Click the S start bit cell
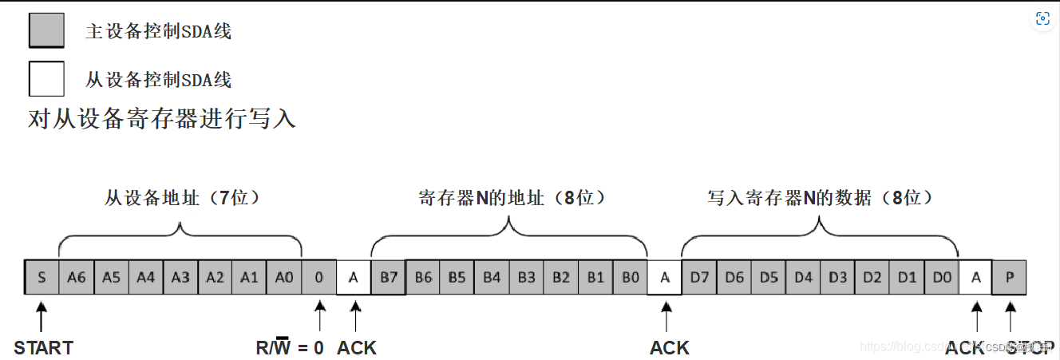[x=42, y=277]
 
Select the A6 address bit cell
[x=77, y=277]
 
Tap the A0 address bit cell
[x=284, y=277]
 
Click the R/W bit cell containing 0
[x=319, y=277]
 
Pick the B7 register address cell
[x=388, y=277]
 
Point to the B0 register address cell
[x=631, y=277]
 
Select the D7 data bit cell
[x=700, y=277]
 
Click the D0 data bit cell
[x=942, y=277]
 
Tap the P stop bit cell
[x=1010, y=277]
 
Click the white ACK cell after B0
[x=665, y=277]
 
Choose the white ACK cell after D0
[x=975, y=277]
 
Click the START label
[x=43, y=348]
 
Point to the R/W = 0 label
[x=289, y=348]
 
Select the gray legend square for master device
[x=46, y=31]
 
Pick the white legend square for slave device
[x=46, y=79]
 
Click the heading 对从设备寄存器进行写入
[x=162, y=120]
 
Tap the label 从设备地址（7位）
[x=183, y=197]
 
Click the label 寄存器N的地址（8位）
[x=512, y=197]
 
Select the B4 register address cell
[x=492, y=277]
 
